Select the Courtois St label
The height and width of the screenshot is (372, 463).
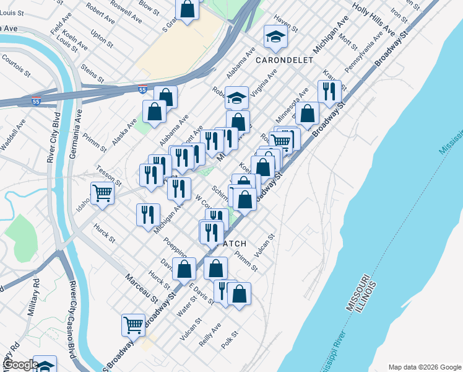coord(17,66)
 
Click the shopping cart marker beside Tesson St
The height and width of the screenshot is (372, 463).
coord(102,192)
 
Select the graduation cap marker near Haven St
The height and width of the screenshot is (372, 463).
coord(275,37)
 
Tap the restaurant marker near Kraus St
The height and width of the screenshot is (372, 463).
coord(329,92)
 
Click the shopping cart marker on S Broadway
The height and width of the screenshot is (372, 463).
coord(133,324)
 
